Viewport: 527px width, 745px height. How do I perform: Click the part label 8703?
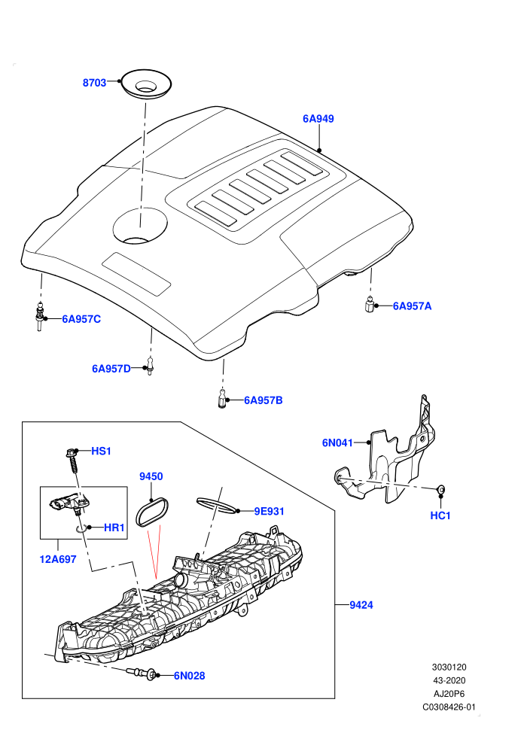(94, 83)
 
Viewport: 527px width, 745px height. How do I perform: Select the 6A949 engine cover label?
(318, 119)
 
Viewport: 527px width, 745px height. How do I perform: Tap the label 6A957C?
(81, 319)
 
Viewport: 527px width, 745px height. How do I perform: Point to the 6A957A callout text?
(412, 306)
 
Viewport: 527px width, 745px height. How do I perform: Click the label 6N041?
(337, 442)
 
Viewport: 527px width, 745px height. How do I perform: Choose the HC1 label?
(440, 515)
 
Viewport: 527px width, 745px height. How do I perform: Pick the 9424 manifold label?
(361, 605)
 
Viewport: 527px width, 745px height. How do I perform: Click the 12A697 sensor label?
(58, 559)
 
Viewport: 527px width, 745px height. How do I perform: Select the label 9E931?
(269, 511)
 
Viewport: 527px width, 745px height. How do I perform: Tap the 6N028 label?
(189, 676)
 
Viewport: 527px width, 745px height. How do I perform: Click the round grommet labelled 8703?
(145, 85)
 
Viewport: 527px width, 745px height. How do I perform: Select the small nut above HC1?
(440, 488)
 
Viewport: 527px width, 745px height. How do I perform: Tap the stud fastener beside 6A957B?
(221, 398)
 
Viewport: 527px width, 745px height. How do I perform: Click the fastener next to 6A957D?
(150, 366)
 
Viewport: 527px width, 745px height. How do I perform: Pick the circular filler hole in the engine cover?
(140, 226)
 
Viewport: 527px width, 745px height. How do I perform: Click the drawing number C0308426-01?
(449, 707)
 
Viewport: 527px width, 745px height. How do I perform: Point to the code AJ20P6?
(449, 694)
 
